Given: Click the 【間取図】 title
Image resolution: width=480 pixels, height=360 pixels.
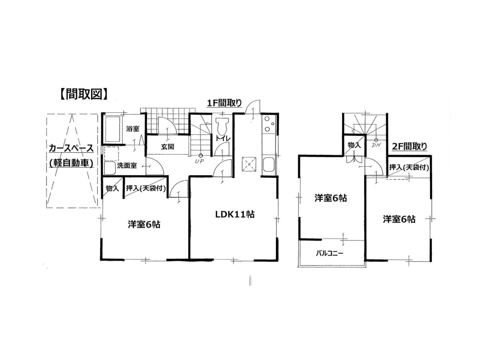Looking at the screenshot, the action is tap(84, 95).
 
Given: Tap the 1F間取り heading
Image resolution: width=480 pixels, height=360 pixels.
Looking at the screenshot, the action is tap(224, 103).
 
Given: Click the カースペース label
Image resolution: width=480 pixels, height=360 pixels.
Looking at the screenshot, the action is tap(71, 149).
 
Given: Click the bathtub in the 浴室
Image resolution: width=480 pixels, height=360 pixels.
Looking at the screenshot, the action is tap(113, 129).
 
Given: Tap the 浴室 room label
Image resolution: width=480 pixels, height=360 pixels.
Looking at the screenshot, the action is tap(133, 129).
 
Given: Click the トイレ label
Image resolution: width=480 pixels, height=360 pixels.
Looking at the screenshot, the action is tap(223, 138).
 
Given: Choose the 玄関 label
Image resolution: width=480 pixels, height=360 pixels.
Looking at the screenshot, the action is tap(167, 147).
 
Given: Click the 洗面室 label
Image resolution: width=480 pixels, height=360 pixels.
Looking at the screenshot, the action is tap(127, 166).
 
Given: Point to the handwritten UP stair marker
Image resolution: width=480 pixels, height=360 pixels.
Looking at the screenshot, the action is tap(199, 161).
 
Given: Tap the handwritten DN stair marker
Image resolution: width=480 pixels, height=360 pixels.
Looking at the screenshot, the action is tap(376, 145).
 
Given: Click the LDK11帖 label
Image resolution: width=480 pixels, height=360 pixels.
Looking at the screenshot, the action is tap(235, 214).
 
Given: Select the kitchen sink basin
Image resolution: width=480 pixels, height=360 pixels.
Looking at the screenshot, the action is tap(268, 164).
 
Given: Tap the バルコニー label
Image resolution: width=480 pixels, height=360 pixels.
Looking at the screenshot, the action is tap(330, 254).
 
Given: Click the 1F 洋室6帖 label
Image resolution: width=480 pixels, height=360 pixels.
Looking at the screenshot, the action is tap(144, 224).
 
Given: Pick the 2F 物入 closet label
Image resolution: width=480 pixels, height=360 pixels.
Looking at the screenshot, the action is tap(354, 145).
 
